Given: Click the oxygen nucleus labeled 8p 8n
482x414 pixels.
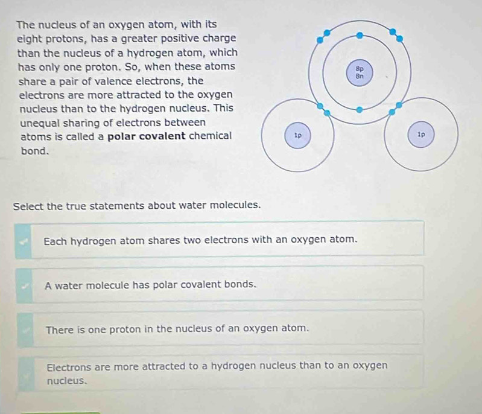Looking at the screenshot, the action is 360,73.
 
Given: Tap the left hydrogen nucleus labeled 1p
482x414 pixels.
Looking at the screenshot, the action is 297,135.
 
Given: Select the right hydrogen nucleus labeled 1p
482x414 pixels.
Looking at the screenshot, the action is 421,135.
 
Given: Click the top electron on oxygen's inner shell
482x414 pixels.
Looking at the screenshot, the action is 360,36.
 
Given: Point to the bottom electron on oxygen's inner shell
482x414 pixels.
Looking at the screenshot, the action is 360,110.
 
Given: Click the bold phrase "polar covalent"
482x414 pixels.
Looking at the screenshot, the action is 147,136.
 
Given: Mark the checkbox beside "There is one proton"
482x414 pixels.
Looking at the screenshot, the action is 25,330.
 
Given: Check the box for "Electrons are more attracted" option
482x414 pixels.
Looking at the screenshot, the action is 27,375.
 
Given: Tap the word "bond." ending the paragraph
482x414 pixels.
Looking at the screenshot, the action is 35,151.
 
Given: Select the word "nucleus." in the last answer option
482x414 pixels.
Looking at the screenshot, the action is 67,381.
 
